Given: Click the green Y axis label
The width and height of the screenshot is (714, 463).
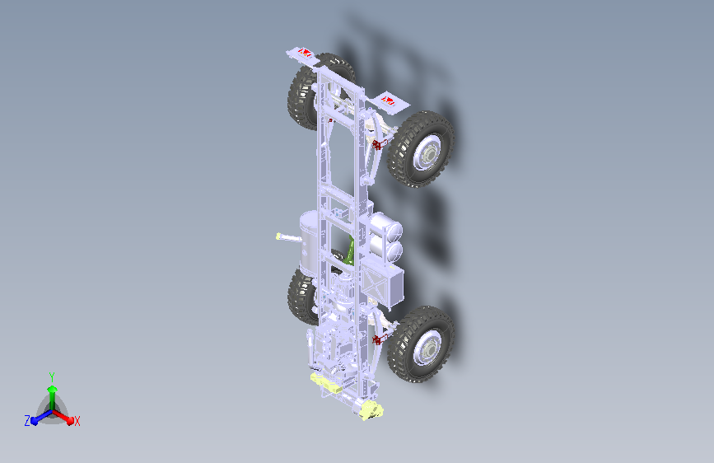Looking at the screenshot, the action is (x=52, y=376).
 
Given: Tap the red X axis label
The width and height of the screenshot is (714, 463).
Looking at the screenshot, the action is (x=77, y=421).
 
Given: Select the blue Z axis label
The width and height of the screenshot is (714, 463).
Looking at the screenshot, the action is (x=27, y=421).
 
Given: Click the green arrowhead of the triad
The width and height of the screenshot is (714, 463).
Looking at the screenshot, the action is (x=53, y=389).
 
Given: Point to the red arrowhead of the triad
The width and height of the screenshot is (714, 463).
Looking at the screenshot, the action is (x=70, y=419).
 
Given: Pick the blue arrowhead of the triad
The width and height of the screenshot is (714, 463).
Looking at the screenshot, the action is (x=34, y=421).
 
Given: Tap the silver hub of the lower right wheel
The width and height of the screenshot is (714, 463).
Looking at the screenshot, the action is (x=428, y=348).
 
